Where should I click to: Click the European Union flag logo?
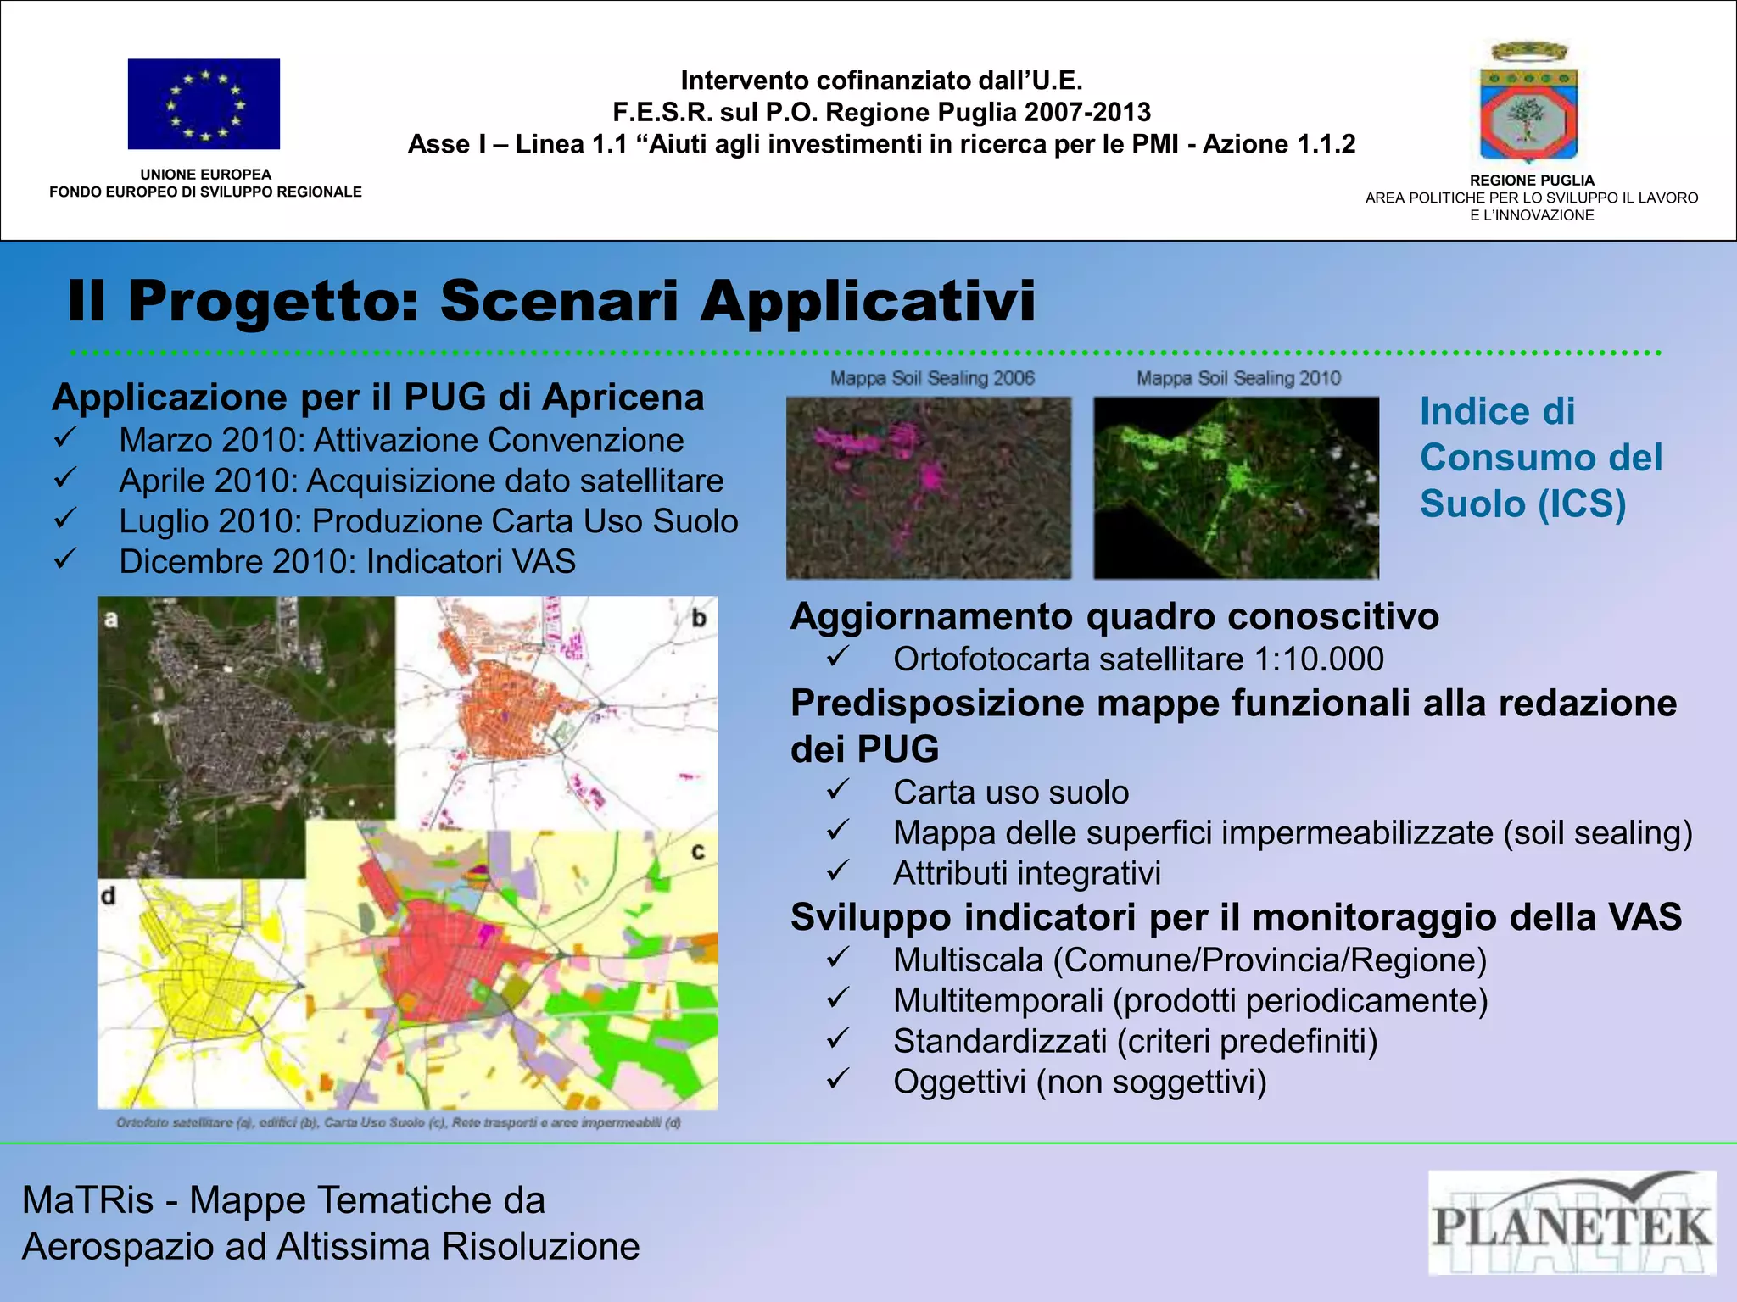click(x=204, y=103)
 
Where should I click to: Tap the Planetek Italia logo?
click(x=1572, y=1222)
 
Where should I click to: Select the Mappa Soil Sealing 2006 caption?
click(x=932, y=378)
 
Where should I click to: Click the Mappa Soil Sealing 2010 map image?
click(x=1236, y=487)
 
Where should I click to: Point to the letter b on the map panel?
click(x=699, y=618)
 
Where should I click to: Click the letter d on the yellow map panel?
click(x=109, y=896)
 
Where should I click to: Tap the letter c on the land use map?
click(x=698, y=850)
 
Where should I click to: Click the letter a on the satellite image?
click(x=111, y=620)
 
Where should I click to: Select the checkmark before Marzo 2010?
click(x=65, y=439)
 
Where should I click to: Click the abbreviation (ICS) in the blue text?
click(x=1581, y=504)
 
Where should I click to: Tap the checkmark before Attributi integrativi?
click(x=838, y=871)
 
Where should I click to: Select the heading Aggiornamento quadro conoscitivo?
click(x=1114, y=616)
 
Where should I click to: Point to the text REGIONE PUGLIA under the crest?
click(x=1531, y=181)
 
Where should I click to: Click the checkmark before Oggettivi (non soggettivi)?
click(x=838, y=1079)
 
